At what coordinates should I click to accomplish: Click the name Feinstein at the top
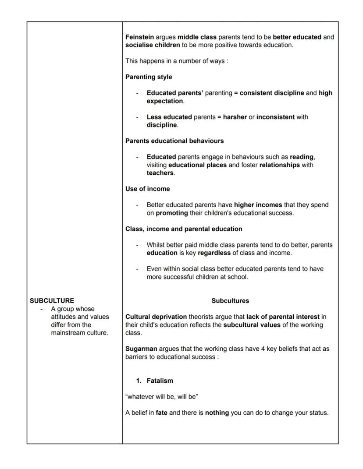(x=139, y=37)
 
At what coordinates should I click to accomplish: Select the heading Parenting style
(x=149, y=77)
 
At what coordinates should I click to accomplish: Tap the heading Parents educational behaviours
(x=174, y=141)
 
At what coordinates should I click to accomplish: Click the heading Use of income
(x=147, y=189)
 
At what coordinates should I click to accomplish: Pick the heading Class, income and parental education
(x=184, y=229)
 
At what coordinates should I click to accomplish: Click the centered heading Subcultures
(x=230, y=301)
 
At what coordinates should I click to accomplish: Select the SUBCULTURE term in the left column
(x=52, y=301)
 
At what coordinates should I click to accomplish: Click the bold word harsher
(x=235, y=117)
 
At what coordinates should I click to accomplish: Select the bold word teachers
(x=160, y=173)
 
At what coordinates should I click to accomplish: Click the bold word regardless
(x=214, y=253)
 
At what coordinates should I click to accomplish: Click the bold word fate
(x=161, y=413)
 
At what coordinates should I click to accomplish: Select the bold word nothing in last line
(x=217, y=413)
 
